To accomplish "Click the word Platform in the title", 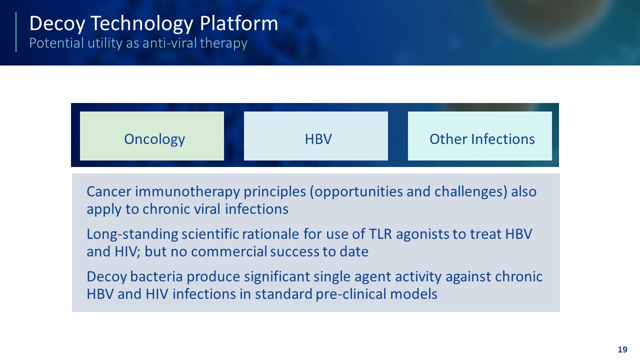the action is click(239, 23).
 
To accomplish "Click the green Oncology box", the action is click(152, 136).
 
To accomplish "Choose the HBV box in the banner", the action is click(316, 136).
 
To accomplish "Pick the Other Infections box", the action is click(480, 136).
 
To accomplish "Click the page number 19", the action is click(622, 349).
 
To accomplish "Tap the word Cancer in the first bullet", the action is click(109, 191).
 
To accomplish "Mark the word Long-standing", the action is click(132, 234).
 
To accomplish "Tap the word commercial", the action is click(228, 251).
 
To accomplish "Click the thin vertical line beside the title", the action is click(16, 32).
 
